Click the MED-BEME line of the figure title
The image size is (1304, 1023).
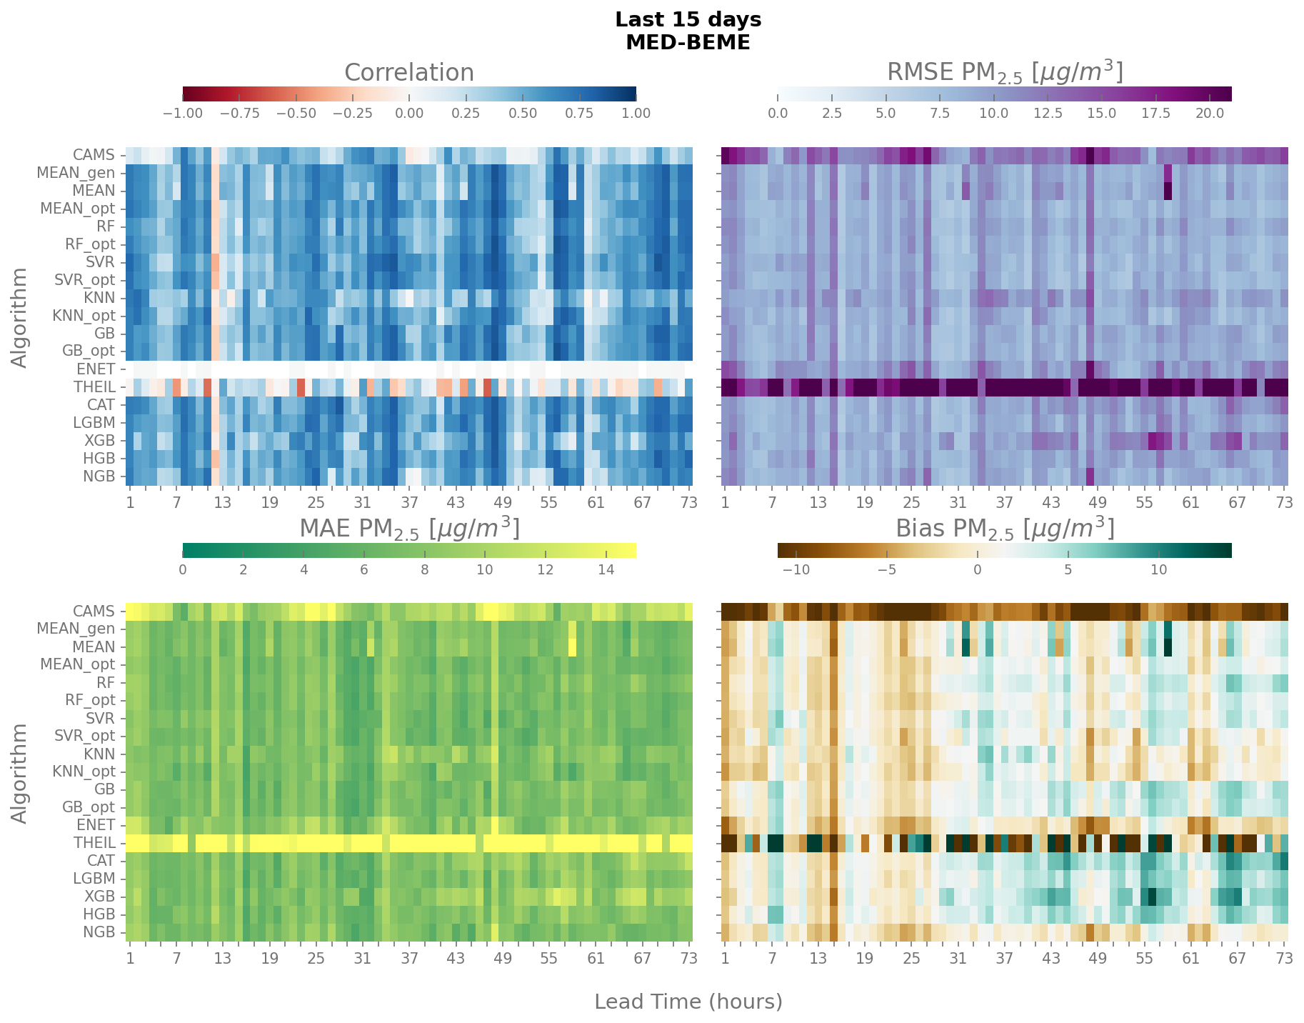(688, 43)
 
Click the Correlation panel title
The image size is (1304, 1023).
(408, 73)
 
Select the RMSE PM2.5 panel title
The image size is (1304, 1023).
(1004, 73)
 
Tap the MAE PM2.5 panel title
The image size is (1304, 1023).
(408, 529)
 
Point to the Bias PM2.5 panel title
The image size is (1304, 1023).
(1004, 529)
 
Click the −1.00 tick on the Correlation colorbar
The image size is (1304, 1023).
(184, 114)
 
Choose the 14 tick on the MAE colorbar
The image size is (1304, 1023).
(606, 570)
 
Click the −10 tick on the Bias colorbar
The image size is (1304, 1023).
(796, 570)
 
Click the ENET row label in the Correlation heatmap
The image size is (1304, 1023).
(96, 369)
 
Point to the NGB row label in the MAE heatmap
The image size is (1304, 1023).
(99, 932)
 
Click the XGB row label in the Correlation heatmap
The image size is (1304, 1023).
(99, 441)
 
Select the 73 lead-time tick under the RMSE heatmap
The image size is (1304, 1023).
(1284, 503)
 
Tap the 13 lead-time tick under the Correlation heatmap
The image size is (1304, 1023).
(223, 503)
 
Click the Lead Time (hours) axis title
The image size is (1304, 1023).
(688, 1002)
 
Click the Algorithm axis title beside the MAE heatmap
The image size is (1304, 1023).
(20, 773)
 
